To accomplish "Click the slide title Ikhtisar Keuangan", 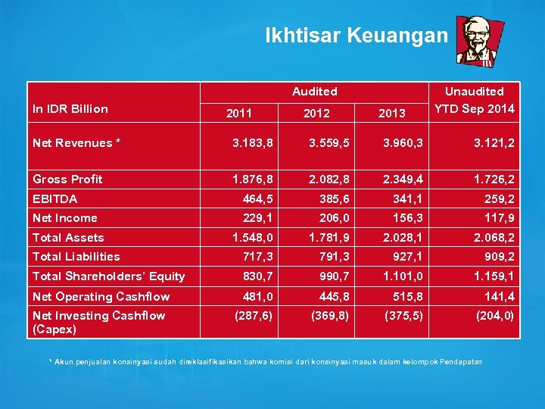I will click(356, 35).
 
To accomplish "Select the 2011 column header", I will click(239, 113).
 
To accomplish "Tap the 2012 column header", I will click(316, 113).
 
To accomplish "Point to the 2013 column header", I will click(392, 113).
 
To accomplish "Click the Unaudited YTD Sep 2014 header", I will click(475, 100).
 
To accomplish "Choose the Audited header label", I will click(315, 92).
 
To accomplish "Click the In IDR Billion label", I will click(70, 108).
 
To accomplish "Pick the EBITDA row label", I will click(55, 198).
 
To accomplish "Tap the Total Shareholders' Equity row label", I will click(109, 276).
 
